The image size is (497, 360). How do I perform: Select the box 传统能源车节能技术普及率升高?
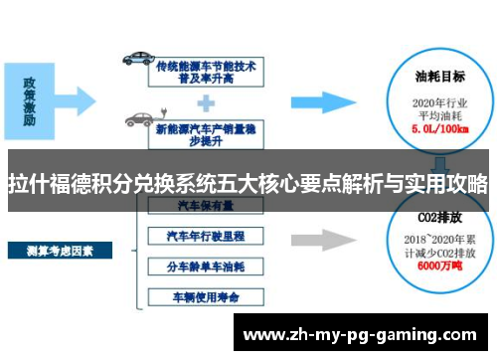(206, 70)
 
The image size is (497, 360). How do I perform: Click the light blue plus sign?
(206, 99)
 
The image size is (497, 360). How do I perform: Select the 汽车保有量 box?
(205, 206)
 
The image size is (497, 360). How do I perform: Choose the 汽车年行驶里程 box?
(205, 236)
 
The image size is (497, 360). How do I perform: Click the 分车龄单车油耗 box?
(205, 266)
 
